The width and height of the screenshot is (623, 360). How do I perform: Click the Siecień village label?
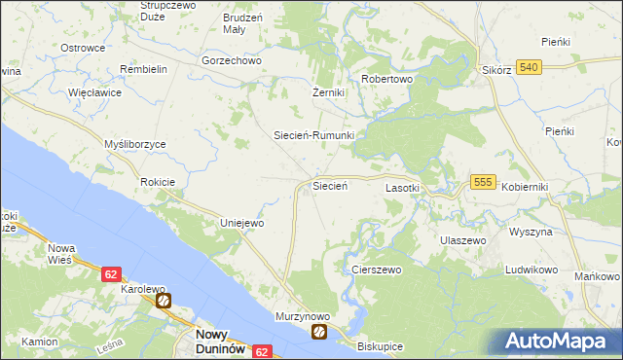click(x=330, y=185)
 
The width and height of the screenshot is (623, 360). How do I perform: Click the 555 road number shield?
click(x=484, y=182)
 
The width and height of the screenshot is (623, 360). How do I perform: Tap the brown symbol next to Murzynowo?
click(x=319, y=333)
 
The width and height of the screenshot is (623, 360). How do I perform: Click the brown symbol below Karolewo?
click(x=164, y=302)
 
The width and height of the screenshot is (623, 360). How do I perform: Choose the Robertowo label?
click(x=387, y=80)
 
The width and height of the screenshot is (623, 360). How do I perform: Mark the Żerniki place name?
click(x=322, y=92)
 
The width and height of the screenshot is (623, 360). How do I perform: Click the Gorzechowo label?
click(x=233, y=60)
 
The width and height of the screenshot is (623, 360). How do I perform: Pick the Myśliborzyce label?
click(x=135, y=144)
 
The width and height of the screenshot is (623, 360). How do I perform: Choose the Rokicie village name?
click(x=157, y=182)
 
